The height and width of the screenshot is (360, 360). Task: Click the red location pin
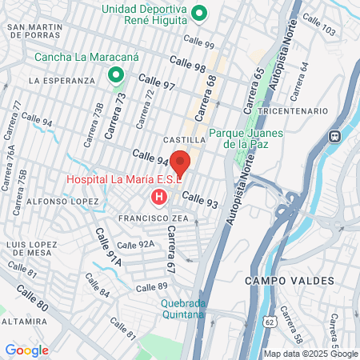click(180, 162)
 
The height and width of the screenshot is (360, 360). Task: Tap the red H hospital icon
click(159, 196)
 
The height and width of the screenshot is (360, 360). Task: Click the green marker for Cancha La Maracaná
click(116, 76)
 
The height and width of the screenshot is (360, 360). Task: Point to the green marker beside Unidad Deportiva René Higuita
click(202, 13)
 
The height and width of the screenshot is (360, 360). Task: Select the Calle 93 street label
click(200, 199)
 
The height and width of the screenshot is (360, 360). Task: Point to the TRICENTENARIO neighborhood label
click(294, 110)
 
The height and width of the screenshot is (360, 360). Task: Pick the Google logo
click(26, 350)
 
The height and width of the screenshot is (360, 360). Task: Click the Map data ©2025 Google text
click(311, 354)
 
